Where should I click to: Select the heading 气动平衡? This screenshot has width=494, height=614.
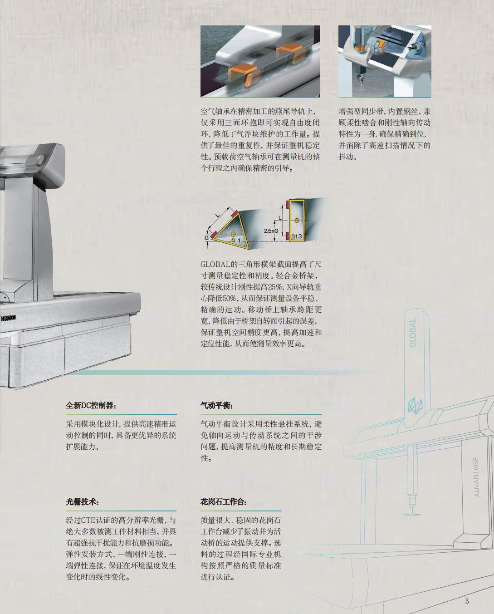pos(217,405)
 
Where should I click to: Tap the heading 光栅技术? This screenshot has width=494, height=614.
pos(82,502)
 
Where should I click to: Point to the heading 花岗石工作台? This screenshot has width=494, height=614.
pos(224,502)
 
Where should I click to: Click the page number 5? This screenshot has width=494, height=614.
pos(467,601)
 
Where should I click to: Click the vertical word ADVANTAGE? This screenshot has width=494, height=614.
pos(476,476)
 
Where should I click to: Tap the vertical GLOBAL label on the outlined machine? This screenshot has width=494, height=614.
pos(412,333)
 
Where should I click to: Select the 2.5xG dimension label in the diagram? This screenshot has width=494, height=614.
pos(271,231)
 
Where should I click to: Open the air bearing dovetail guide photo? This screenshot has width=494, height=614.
pos(260,61)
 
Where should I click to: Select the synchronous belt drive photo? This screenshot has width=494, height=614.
pos(385,61)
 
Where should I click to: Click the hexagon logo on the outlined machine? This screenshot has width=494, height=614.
pos(414,405)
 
